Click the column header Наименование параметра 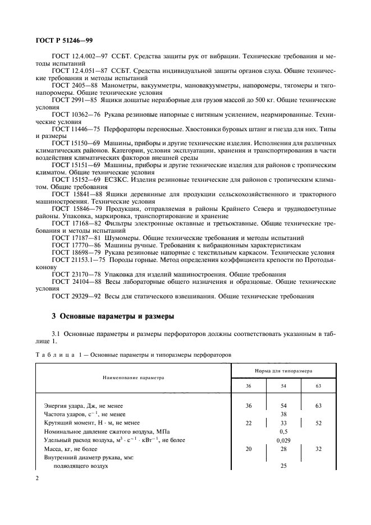pos(132,377)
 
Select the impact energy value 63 pos(318,404)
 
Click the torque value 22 pos(249,423)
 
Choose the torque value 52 pos(318,423)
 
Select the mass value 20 pos(249,450)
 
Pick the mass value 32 pos(318,450)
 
